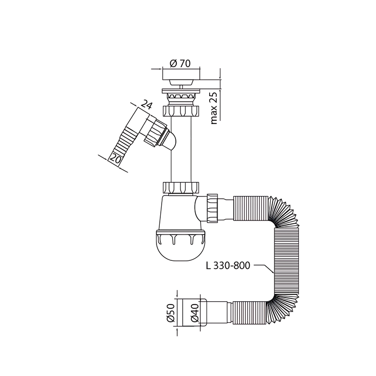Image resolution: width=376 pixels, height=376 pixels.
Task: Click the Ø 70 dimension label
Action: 181,63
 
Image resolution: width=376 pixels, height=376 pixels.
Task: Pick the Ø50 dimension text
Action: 171,313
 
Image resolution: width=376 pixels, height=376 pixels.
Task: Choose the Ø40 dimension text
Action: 194,313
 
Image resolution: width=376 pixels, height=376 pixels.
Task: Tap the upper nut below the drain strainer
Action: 181,112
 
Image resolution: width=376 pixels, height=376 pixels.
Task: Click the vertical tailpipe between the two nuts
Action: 181,150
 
